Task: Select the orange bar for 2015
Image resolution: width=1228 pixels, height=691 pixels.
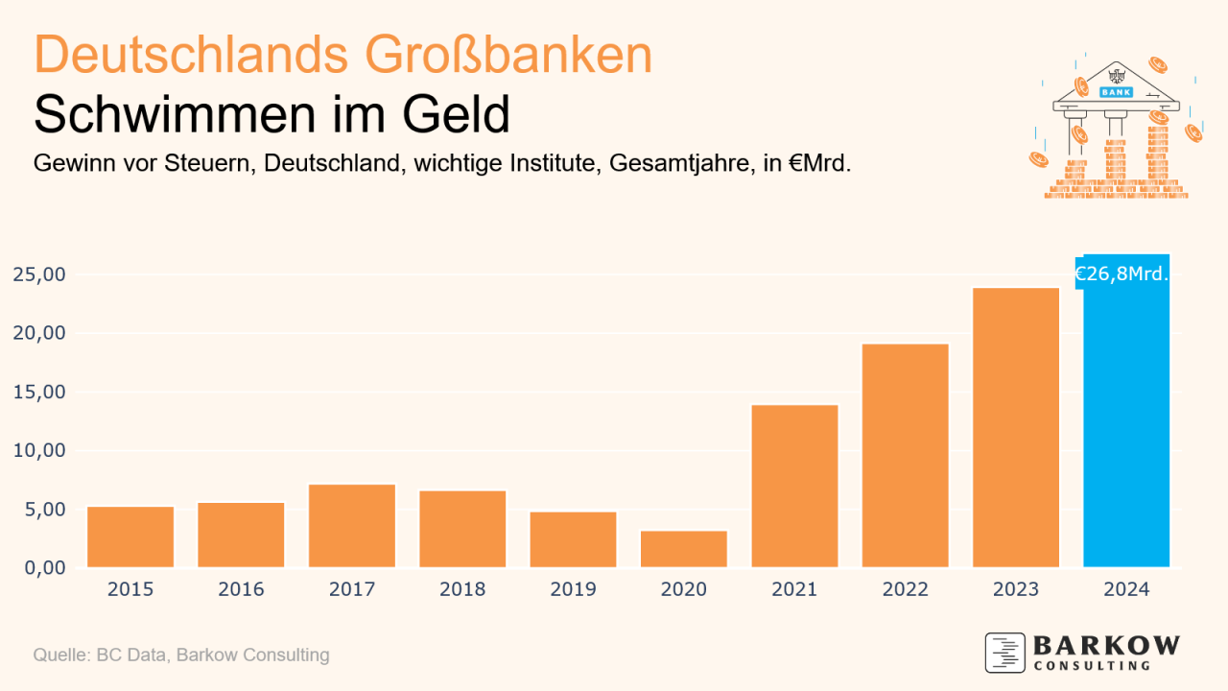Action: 130,536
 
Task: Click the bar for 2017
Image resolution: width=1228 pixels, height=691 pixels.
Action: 352,526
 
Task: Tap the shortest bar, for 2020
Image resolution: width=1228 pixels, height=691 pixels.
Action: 684,549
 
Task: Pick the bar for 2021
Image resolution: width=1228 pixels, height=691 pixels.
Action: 794,486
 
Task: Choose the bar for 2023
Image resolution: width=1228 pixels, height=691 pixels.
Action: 1016,427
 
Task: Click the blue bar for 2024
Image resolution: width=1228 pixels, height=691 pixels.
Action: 1126,422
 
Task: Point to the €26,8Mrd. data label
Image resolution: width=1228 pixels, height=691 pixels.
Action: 1121,274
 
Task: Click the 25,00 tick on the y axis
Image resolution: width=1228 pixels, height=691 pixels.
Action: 39,274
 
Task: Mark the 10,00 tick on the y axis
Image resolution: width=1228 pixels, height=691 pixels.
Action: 39,450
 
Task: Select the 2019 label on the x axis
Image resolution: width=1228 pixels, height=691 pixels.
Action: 574,589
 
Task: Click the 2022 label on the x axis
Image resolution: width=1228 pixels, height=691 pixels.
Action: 905,589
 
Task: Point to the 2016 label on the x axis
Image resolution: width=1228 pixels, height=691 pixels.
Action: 241,589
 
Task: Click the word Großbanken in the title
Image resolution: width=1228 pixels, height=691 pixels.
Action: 508,56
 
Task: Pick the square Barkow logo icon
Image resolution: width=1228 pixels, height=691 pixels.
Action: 1004,653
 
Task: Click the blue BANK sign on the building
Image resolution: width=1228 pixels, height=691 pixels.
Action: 1116,92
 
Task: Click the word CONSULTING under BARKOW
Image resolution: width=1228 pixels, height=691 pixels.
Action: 1092,665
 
